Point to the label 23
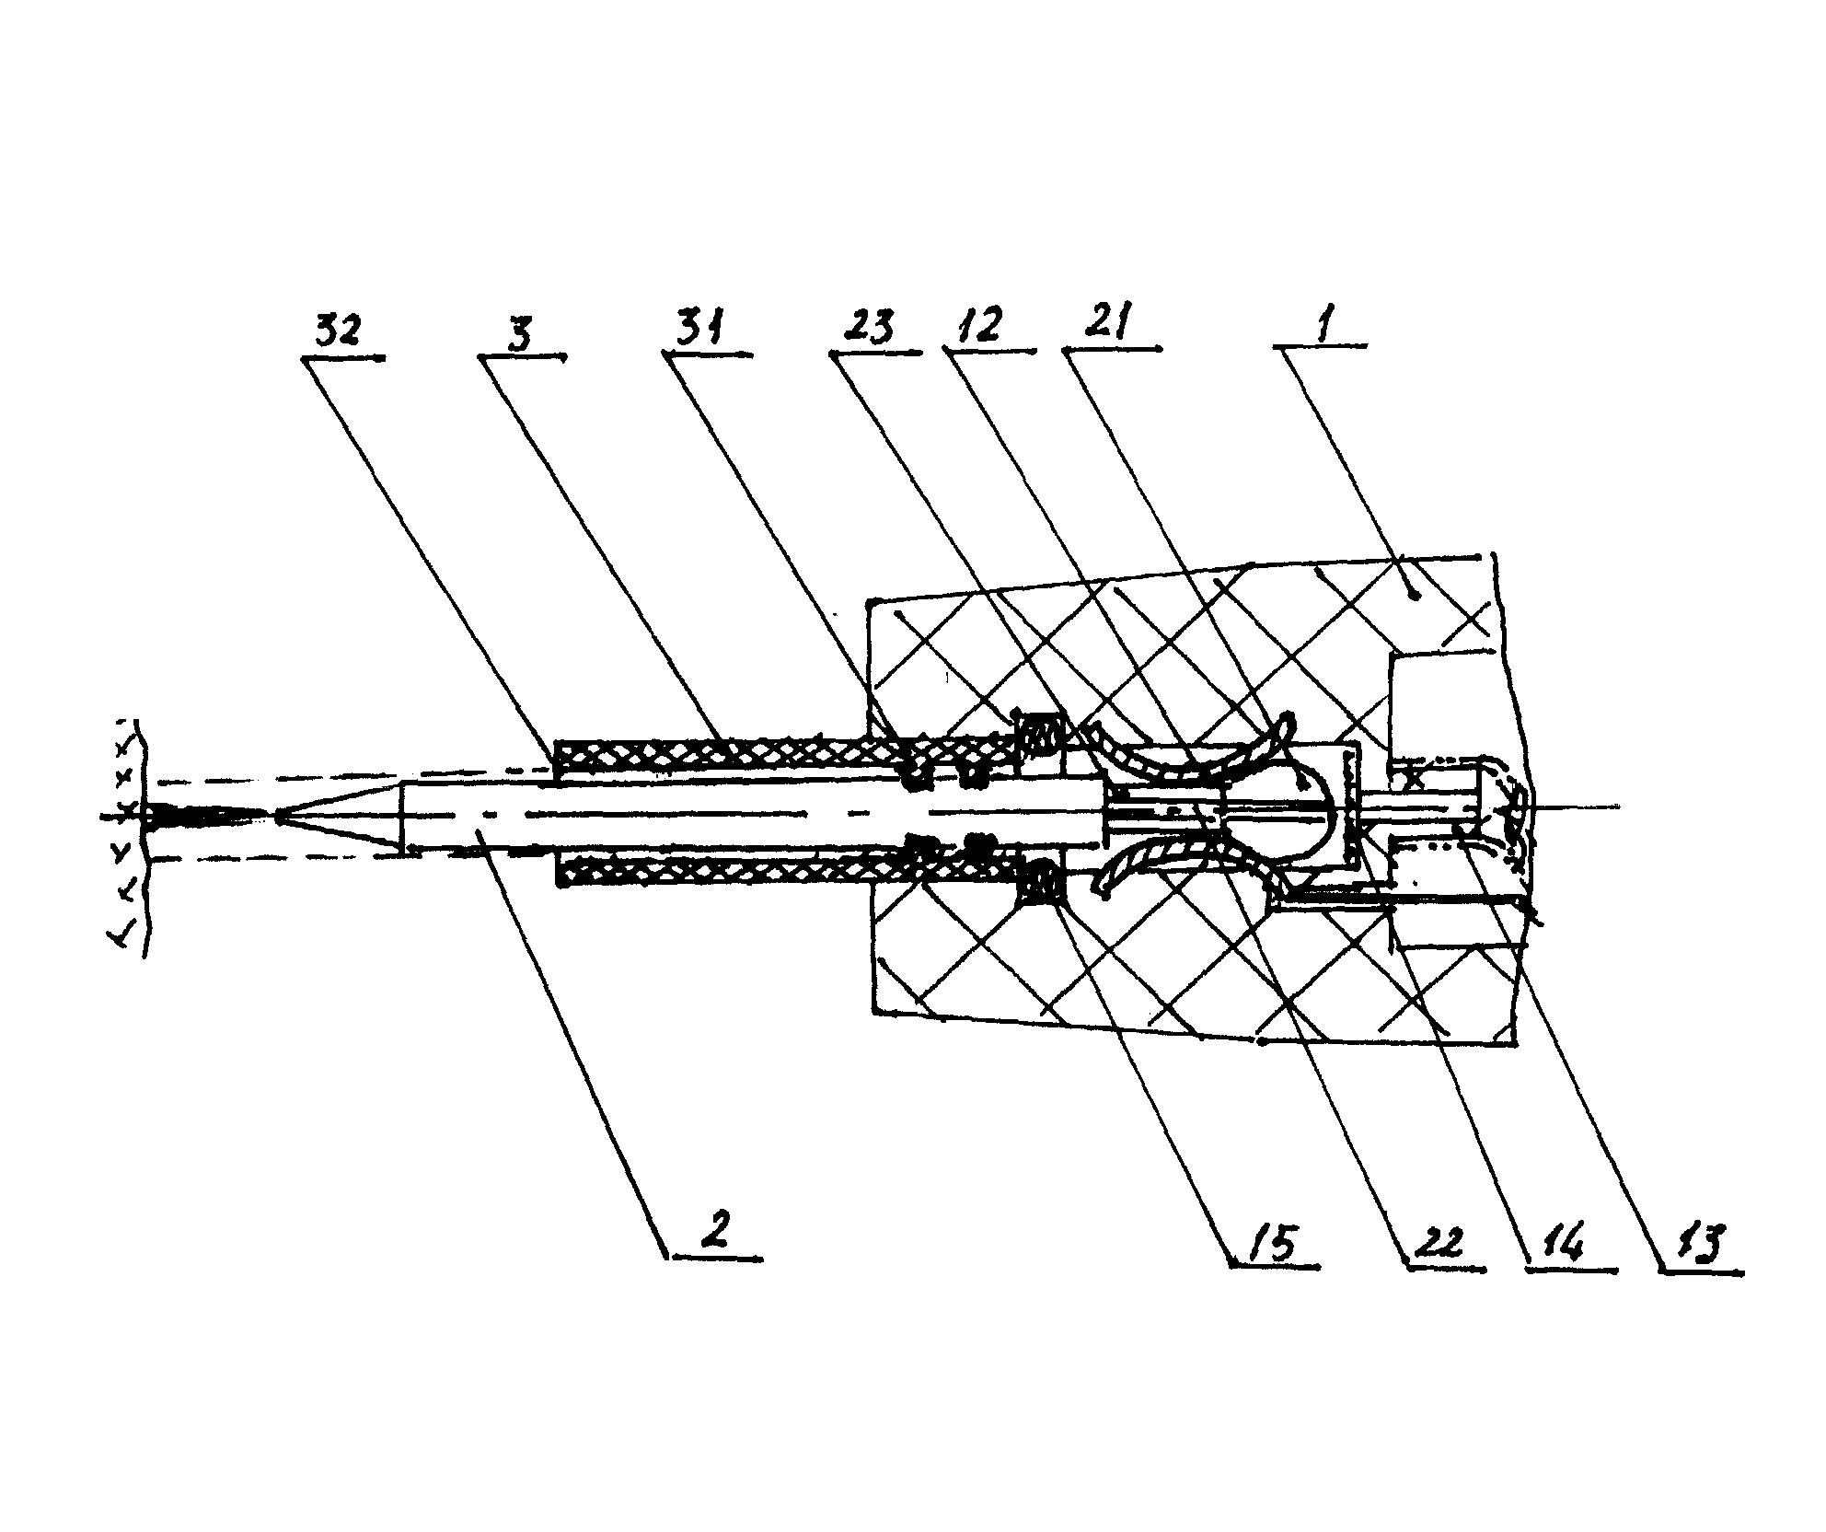(871, 328)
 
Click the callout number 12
(981, 327)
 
